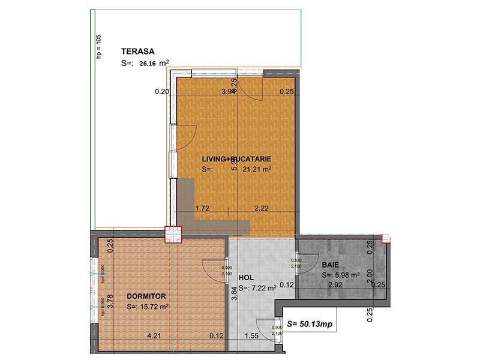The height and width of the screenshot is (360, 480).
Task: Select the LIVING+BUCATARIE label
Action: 237,159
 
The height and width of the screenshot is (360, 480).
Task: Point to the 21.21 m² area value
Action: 257,170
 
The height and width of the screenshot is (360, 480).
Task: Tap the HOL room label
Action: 246,278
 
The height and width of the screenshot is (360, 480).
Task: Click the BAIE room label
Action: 330,265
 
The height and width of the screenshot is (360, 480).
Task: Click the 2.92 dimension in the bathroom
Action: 335,285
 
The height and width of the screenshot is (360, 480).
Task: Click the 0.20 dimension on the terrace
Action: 162,92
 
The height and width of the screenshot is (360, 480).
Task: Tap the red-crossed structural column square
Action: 173,233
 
